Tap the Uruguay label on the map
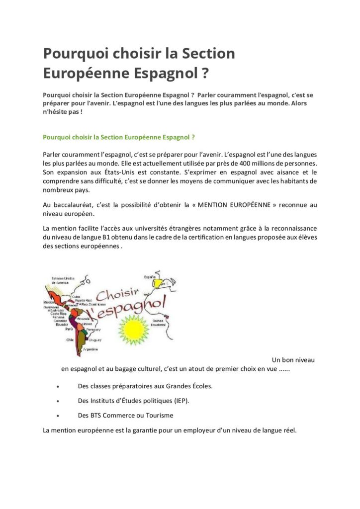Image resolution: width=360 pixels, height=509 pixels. point(95,339)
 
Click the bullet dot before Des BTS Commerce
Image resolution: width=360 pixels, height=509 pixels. point(59,415)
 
